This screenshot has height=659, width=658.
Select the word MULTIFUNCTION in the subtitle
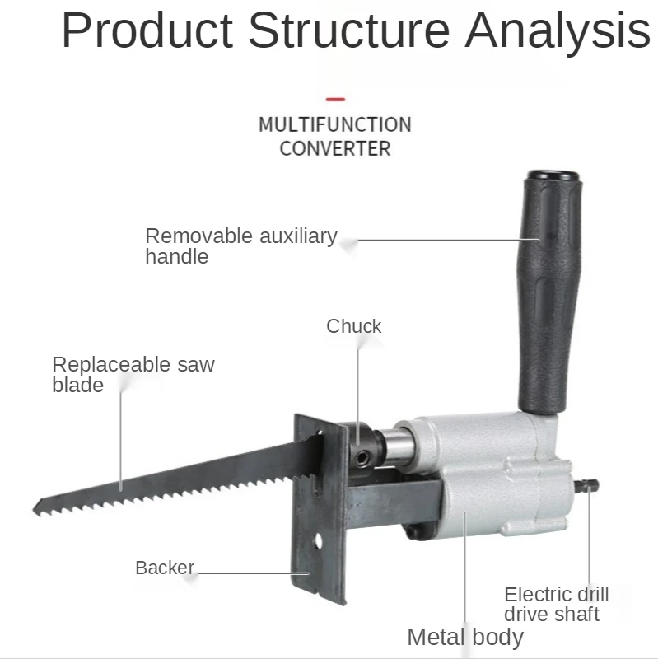coord(334,125)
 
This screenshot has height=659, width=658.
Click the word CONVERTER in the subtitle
coord(334,149)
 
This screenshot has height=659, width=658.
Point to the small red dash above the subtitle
coord(334,99)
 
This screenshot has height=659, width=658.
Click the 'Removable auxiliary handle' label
coord(240,245)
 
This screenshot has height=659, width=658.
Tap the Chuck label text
coord(353,326)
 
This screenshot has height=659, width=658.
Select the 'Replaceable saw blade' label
coord(133,374)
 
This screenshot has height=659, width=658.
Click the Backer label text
coord(165,568)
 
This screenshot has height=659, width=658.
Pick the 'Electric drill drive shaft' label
coord(556,604)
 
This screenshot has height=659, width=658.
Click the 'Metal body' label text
coord(465,636)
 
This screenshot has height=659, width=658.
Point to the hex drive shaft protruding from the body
coord(586,488)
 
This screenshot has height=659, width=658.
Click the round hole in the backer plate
coord(319,543)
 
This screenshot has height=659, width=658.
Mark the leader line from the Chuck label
coord(358,379)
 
